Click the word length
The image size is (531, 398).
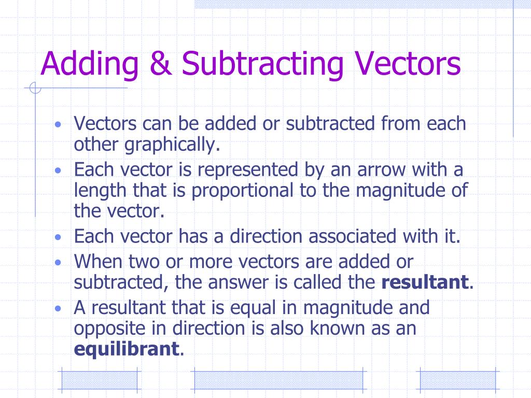click(x=102, y=190)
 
